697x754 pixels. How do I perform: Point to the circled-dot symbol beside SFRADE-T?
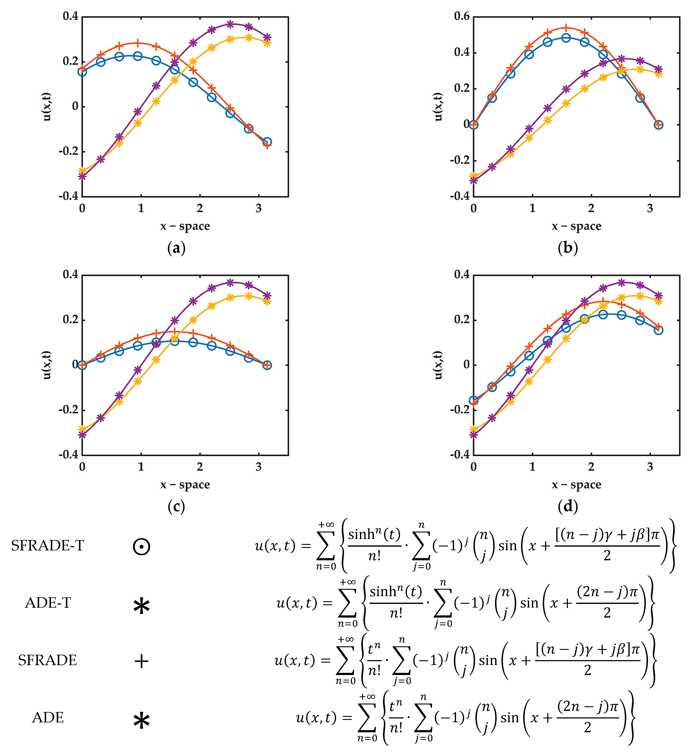coord(141,546)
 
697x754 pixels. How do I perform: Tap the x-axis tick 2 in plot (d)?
coord(591,467)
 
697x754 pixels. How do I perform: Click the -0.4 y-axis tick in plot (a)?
coord(69,196)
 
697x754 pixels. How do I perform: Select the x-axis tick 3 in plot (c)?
coord(258,467)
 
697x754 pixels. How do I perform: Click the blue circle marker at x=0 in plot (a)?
coord(82,72)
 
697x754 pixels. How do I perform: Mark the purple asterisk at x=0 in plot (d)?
coord(474,434)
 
